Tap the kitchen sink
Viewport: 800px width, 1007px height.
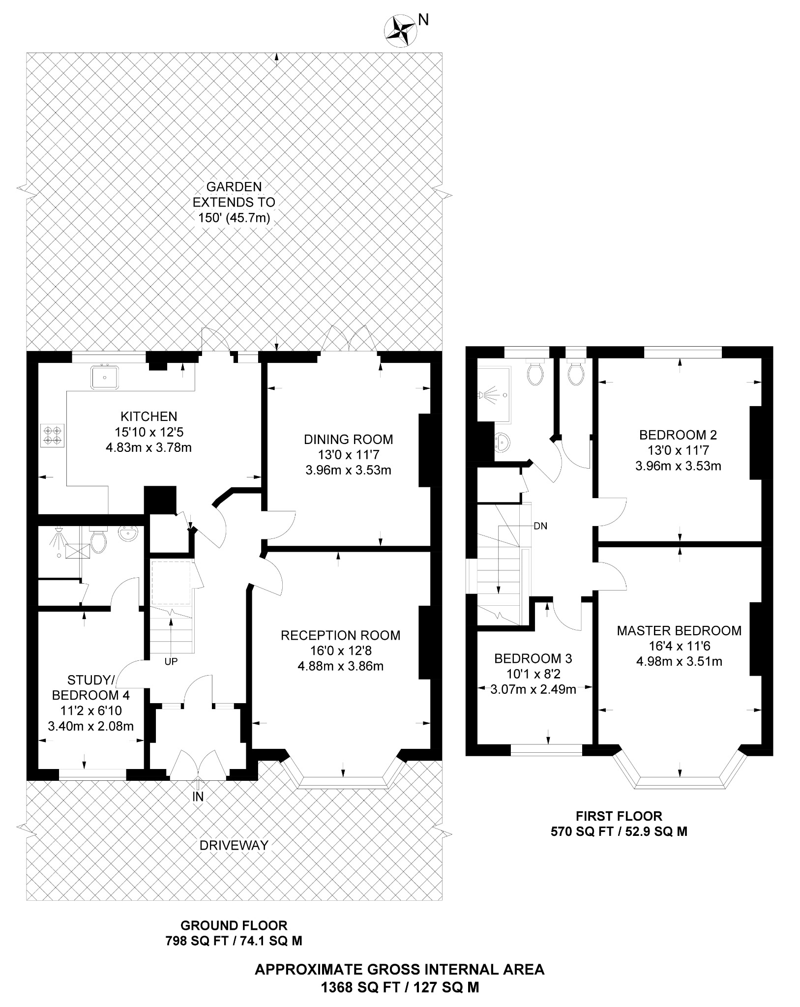[104, 377]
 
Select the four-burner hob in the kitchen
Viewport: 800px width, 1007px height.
[52, 435]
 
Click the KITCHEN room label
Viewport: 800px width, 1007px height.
[149, 416]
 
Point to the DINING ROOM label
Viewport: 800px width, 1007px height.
[348, 439]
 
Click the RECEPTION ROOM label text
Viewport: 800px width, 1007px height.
[340, 635]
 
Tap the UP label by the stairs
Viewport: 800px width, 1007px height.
[171, 662]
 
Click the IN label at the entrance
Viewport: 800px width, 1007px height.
[198, 797]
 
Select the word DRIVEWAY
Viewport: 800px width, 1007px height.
[234, 845]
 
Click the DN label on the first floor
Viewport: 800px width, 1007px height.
[540, 526]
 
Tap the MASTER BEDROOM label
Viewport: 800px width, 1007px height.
[679, 630]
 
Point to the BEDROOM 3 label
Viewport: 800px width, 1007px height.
[533, 658]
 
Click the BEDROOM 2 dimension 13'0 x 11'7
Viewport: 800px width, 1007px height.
[678, 450]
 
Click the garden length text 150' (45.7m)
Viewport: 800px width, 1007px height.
[234, 218]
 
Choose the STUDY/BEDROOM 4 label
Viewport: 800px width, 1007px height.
[91, 687]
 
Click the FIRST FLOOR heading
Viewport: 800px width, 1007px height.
[619, 816]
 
